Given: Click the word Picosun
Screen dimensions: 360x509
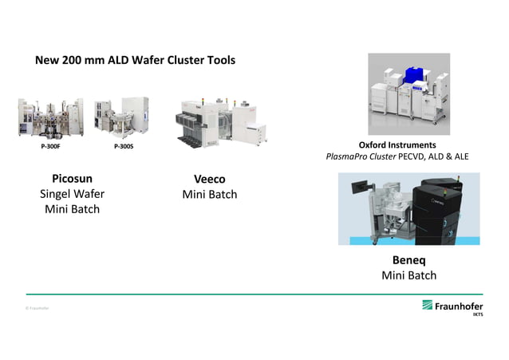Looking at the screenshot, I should pos(72,179).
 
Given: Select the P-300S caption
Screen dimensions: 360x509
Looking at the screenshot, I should pos(124,147).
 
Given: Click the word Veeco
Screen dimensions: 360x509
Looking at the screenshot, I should pos(209,179).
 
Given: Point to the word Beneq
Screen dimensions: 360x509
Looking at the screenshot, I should pos(408,260).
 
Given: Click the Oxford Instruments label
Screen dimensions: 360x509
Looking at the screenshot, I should pos(397,145).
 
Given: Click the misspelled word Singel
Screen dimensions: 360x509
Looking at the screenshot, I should pos(56,194).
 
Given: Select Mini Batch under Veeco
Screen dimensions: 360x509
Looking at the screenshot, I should pos(209,194).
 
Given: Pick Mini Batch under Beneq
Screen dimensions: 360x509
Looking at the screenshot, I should pos(408,275).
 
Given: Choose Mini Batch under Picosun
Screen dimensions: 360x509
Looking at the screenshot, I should pos(72,209).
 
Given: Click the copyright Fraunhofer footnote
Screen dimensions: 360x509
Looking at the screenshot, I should pos(37,308).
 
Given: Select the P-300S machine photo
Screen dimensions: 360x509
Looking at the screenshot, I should pos(121,117).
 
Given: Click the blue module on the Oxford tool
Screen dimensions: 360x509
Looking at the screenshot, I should pos(415,77).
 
